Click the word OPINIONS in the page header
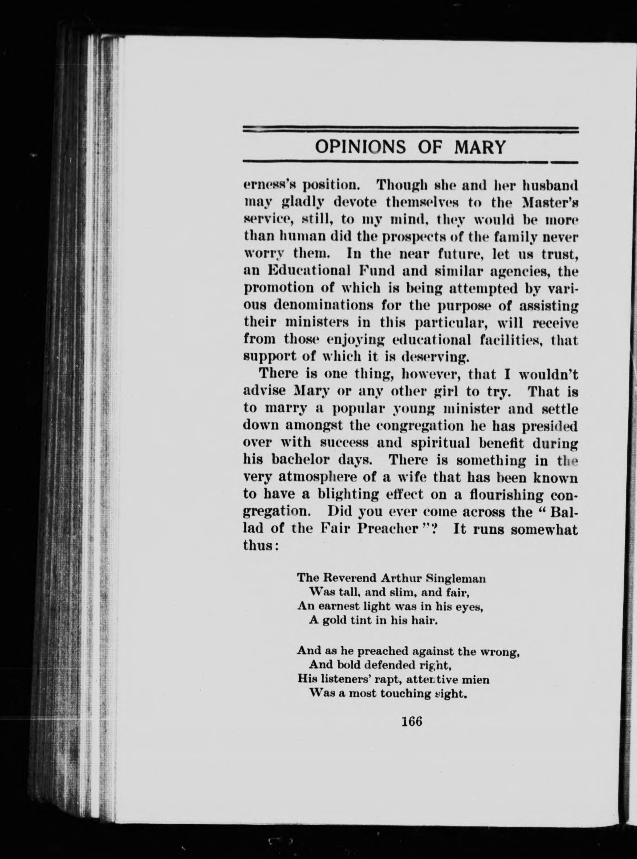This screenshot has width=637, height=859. (x=360, y=147)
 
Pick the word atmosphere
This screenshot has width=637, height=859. (x=324, y=477)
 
